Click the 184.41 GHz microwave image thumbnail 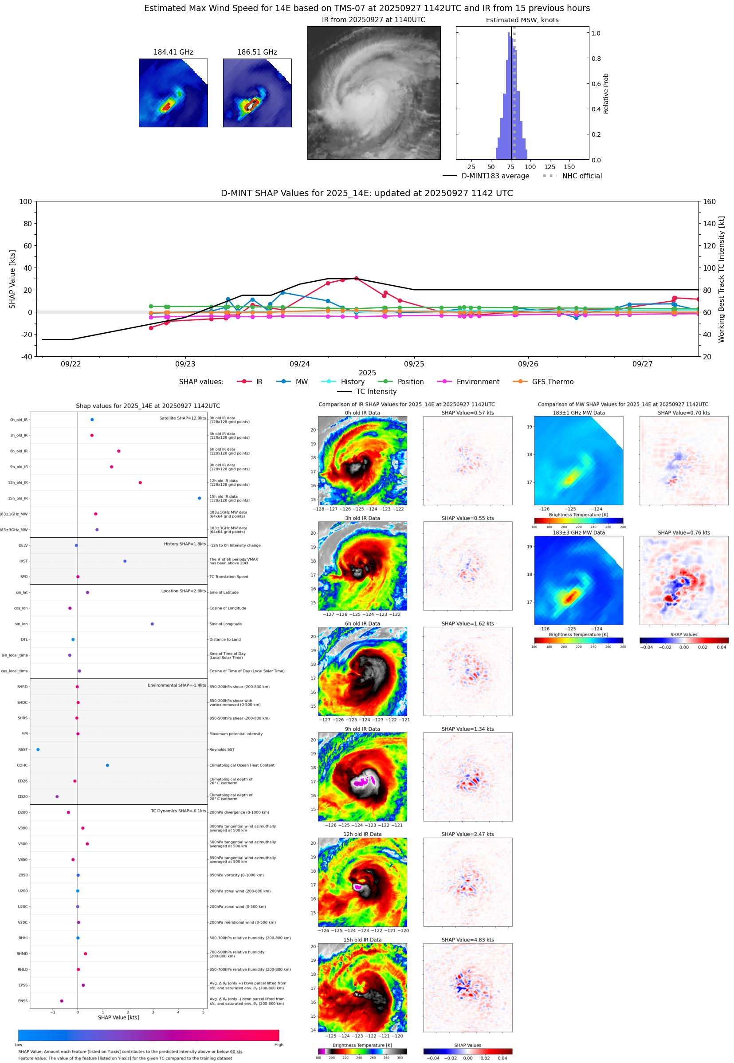pos(173,93)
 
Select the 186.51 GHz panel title pos(257,52)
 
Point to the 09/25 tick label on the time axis pos(414,364)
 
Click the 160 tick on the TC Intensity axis pos(709,201)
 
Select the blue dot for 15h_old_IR pos(199,498)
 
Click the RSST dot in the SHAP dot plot pos(38,749)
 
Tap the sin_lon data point pos(152,624)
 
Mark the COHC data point pos(107,765)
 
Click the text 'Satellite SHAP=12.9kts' pos(182,418)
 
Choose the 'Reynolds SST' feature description pos(222,749)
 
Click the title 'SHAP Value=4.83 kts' pos(467,940)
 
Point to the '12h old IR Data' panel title pos(362,834)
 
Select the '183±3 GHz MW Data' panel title pos(579,533)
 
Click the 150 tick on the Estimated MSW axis pos(569,167)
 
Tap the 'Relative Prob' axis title pos(606,93)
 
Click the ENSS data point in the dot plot pos(62,1001)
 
